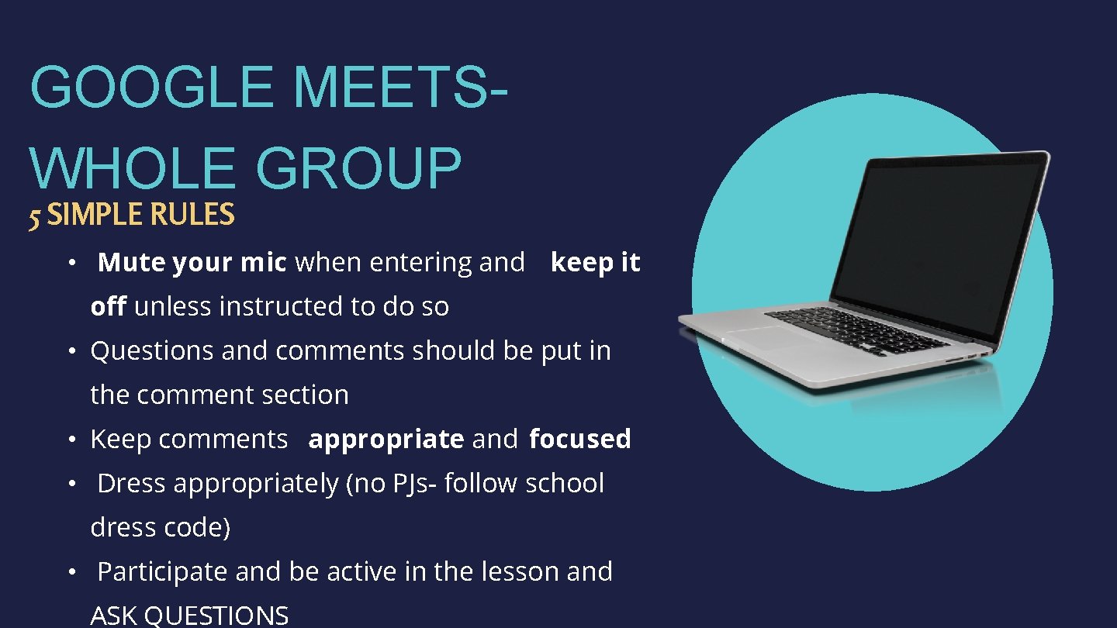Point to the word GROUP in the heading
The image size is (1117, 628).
coord(358,168)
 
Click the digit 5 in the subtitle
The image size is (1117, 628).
coord(34,216)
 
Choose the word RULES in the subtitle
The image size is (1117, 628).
coord(193,215)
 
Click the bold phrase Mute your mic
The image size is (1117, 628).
coord(192,263)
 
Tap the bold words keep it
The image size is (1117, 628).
coord(595,263)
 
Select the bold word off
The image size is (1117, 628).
coord(108,307)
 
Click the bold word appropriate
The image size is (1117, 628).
coord(386,440)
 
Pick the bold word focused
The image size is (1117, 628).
coord(579,439)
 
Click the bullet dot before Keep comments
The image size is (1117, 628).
coord(70,440)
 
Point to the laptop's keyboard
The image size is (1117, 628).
coord(857,330)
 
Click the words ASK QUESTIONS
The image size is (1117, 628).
coord(189,616)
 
